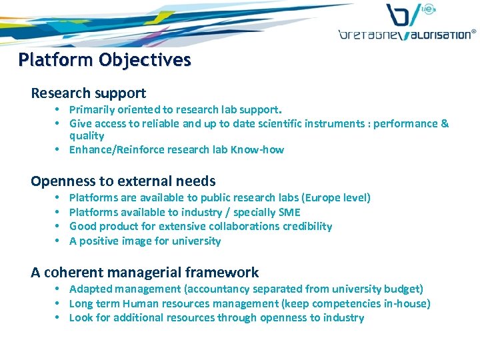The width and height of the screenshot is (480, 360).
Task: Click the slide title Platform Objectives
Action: (105, 60)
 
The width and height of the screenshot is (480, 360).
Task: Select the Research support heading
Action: (88, 93)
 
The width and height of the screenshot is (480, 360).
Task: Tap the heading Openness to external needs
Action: (123, 181)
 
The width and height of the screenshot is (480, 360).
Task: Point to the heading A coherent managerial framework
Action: (145, 272)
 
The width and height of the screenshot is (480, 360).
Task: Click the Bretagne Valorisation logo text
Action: (407, 34)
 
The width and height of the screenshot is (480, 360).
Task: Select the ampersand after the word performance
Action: (445, 123)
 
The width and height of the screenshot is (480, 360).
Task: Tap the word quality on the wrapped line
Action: (87, 136)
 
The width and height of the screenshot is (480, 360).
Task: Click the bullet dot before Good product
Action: (59, 226)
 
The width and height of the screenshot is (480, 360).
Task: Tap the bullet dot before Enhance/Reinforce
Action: (59, 149)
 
